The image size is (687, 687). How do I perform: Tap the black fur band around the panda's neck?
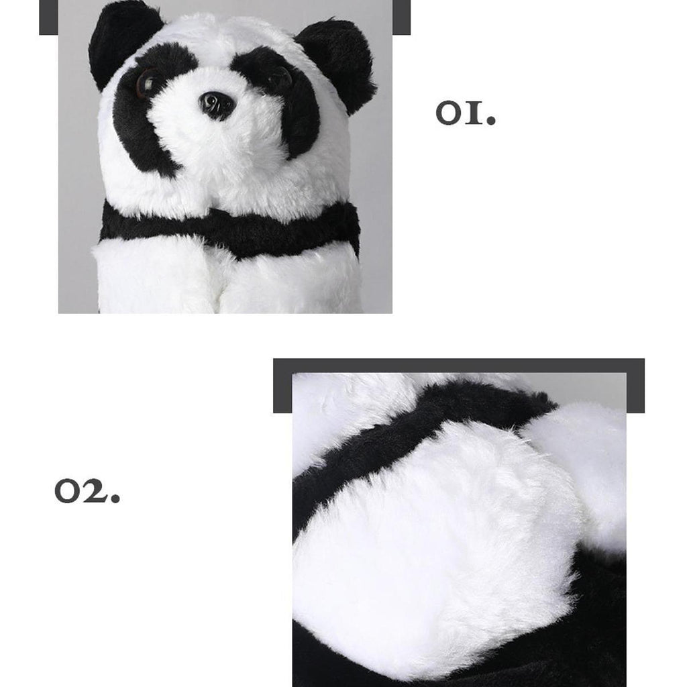[x=230, y=230]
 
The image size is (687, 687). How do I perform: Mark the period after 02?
[x=115, y=498]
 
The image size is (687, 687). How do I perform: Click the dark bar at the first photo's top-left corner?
[x=48, y=17]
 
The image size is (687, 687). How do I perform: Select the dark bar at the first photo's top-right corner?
[x=401, y=17]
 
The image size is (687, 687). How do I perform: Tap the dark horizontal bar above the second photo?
[x=459, y=366]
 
